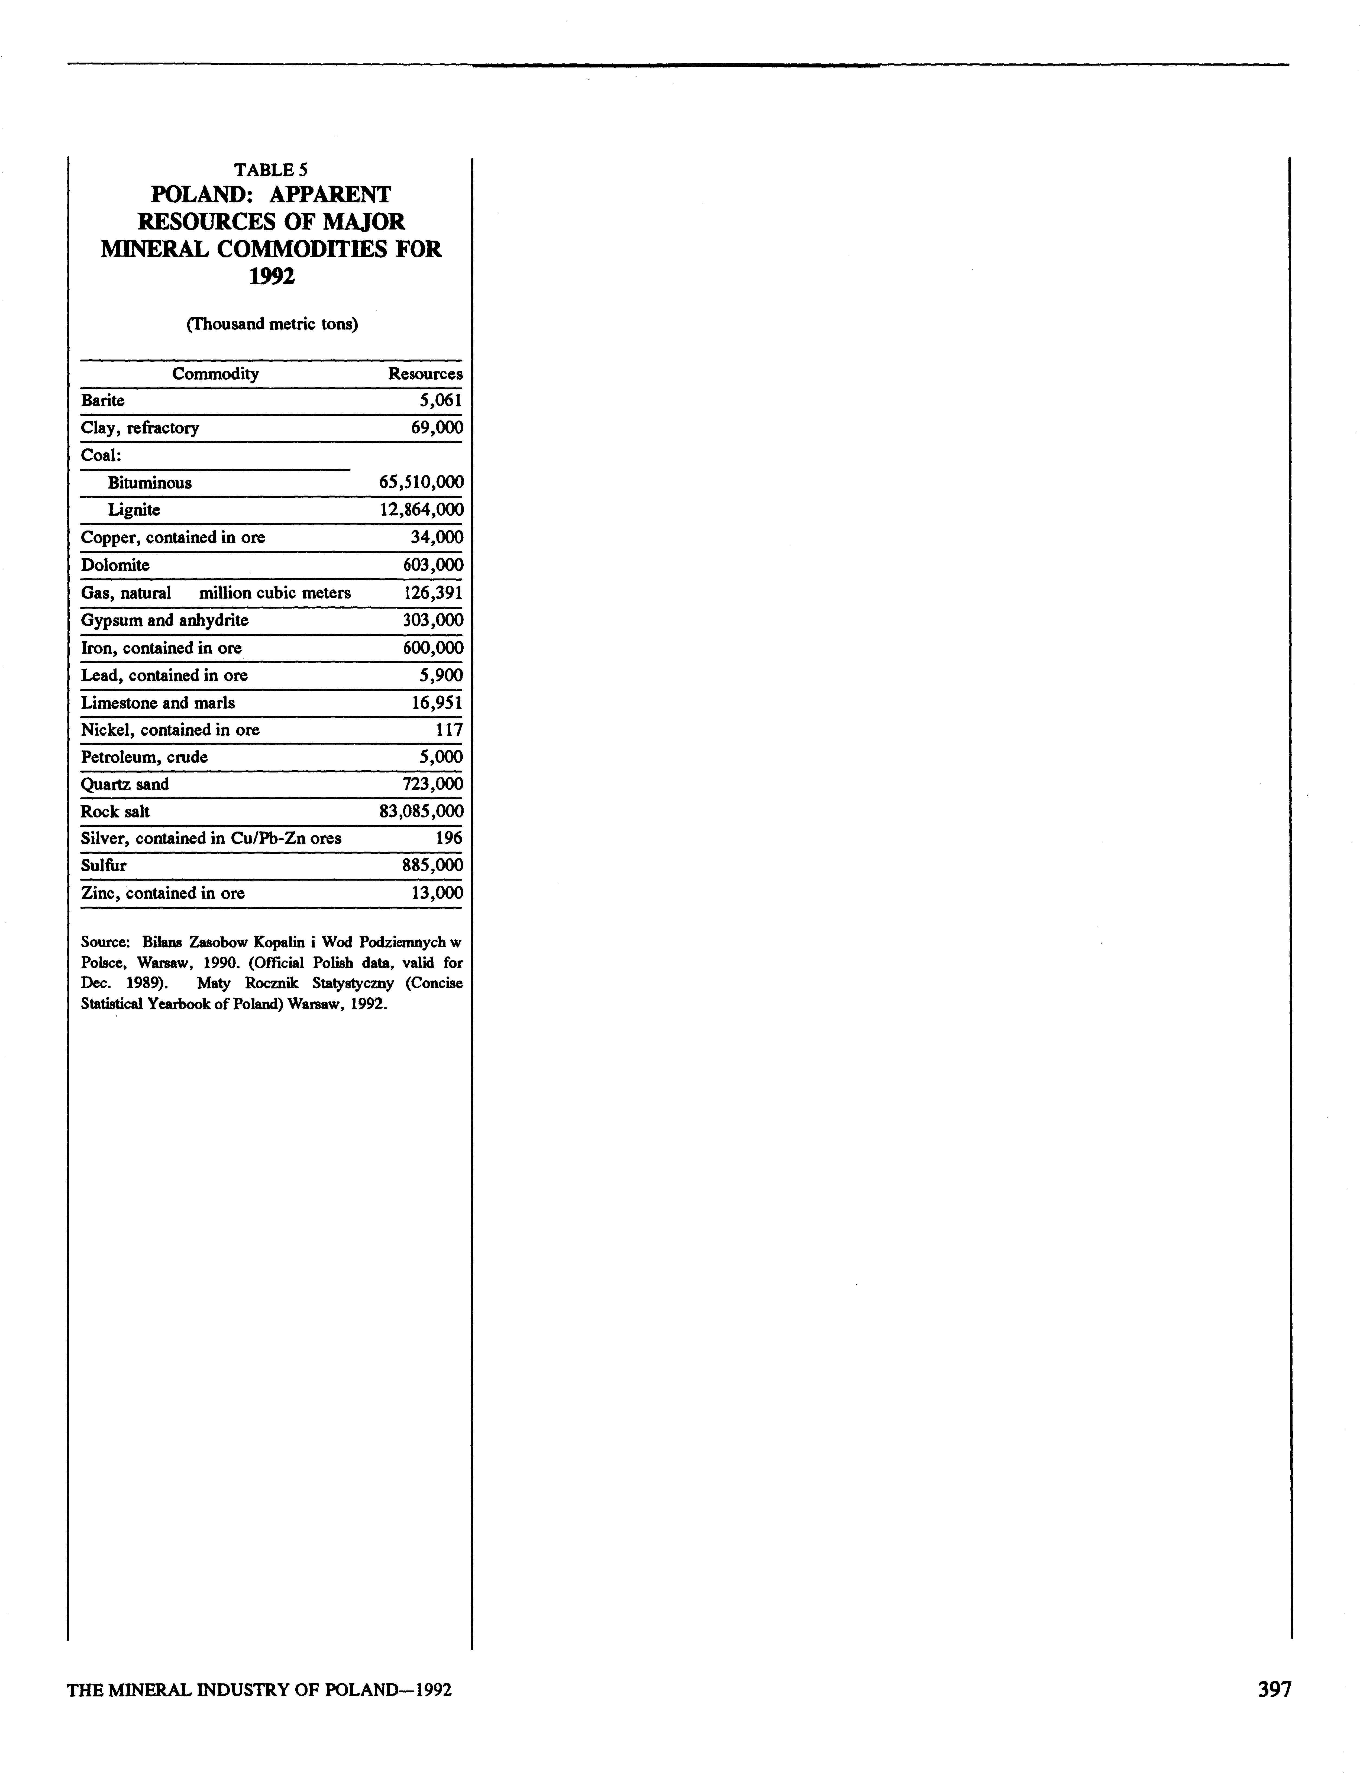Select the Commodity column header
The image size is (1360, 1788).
pos(215,374)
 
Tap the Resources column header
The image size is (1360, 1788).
pos(425,374)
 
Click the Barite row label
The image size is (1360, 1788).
pos(103,401)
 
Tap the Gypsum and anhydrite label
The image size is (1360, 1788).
pos(164,621)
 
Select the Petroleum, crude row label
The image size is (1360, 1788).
pos(144,758)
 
